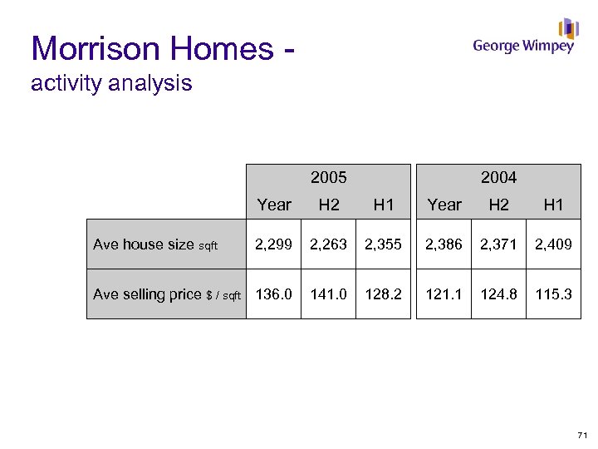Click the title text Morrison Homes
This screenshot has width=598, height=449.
[153, 48]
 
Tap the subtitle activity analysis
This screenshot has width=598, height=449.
[111, 83]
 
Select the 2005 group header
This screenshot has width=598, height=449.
[328, 177]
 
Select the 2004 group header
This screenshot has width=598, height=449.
[498, 177]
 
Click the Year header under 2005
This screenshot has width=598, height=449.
[274, 205]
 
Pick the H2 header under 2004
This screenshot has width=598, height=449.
[498, 205]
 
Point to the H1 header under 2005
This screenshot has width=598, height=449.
[383, 205]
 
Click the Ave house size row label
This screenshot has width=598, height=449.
[155, 244]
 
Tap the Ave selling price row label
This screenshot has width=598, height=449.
[166, 294]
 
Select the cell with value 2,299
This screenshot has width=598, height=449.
[274, 244]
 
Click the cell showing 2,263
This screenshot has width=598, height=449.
[328, 244]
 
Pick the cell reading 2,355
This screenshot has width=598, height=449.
[383, 244]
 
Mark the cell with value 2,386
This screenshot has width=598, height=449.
[444, 244]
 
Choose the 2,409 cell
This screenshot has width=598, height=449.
[553, 244]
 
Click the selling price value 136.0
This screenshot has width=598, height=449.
[274, 294]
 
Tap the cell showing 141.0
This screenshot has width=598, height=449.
[328, 294]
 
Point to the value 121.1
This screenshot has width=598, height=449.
[444, 294]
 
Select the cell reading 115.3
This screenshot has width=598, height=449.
[553, 294]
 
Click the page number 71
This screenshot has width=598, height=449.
[581, 435]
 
